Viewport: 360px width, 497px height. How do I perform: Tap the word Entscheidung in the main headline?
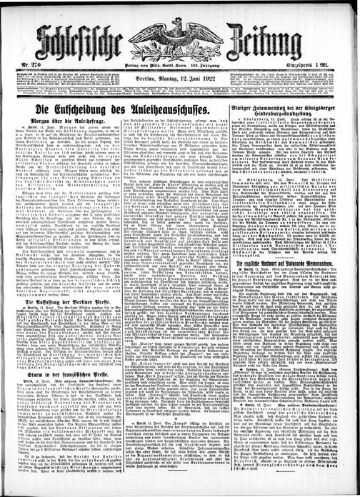94,111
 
